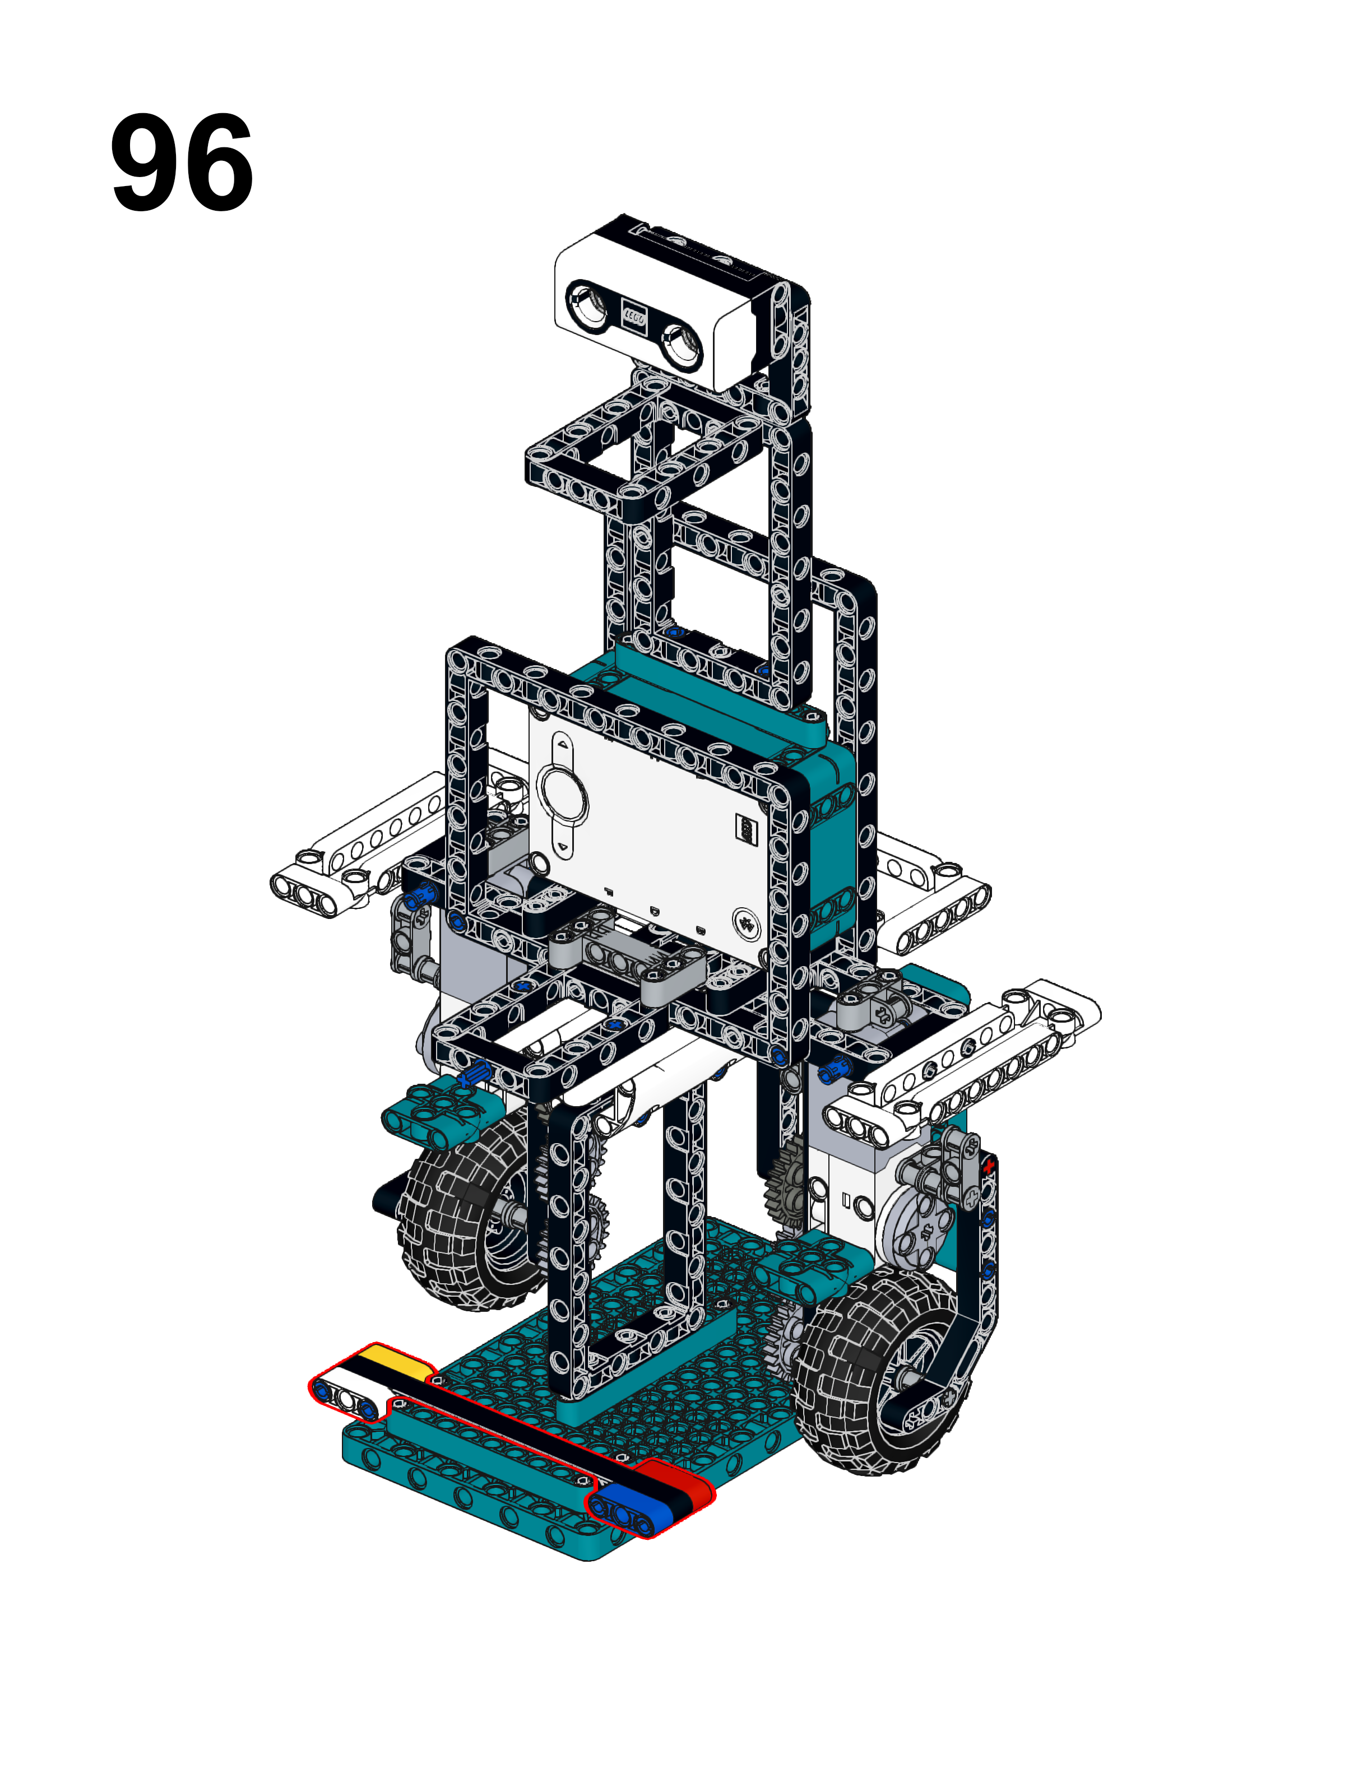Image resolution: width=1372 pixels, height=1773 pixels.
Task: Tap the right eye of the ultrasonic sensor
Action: click(683, 344)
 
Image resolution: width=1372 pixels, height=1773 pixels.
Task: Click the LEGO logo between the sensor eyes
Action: click(634, 315)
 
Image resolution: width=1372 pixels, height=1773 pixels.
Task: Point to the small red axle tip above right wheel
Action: click(988, 1167)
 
